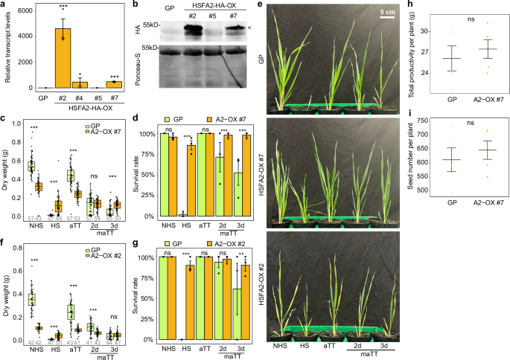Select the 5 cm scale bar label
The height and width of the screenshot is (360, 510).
(385, 13)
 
